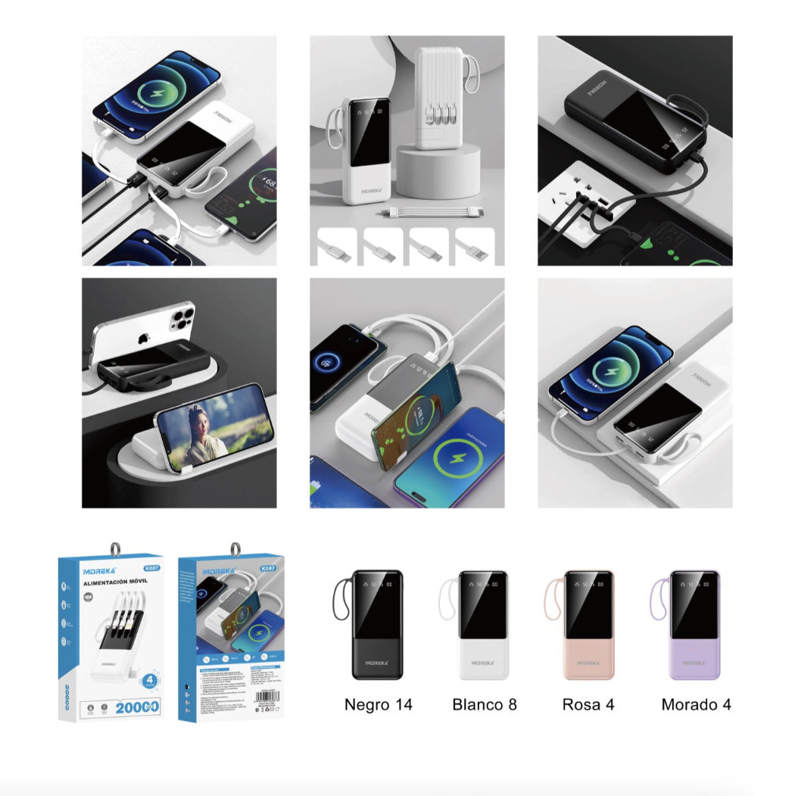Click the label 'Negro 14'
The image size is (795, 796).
point(378,704)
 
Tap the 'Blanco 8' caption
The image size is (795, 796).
point(485,704)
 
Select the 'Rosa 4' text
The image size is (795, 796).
point(588,704)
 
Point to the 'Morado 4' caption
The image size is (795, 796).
point(696,704)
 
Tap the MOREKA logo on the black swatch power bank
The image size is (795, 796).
point(376,662)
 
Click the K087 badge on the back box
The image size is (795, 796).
point(267,570)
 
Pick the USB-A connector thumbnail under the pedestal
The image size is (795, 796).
point(475,245)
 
